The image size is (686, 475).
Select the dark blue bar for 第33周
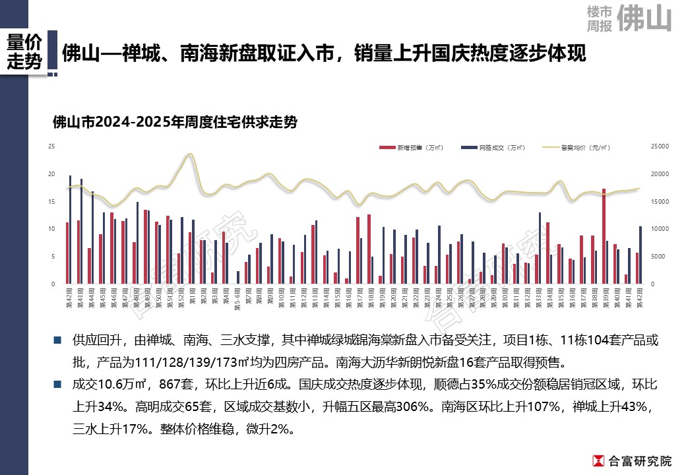[540, 248]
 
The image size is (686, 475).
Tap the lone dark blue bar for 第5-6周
[238, 277]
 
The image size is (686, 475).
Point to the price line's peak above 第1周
[190, 154]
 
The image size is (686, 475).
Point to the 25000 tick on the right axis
[660, 146]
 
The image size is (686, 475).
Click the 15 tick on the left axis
[51, 201]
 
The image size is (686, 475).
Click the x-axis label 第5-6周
[237, 296]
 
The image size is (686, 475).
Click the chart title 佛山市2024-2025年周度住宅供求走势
[174, 122]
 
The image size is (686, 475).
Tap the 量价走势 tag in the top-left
[24, 52]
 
